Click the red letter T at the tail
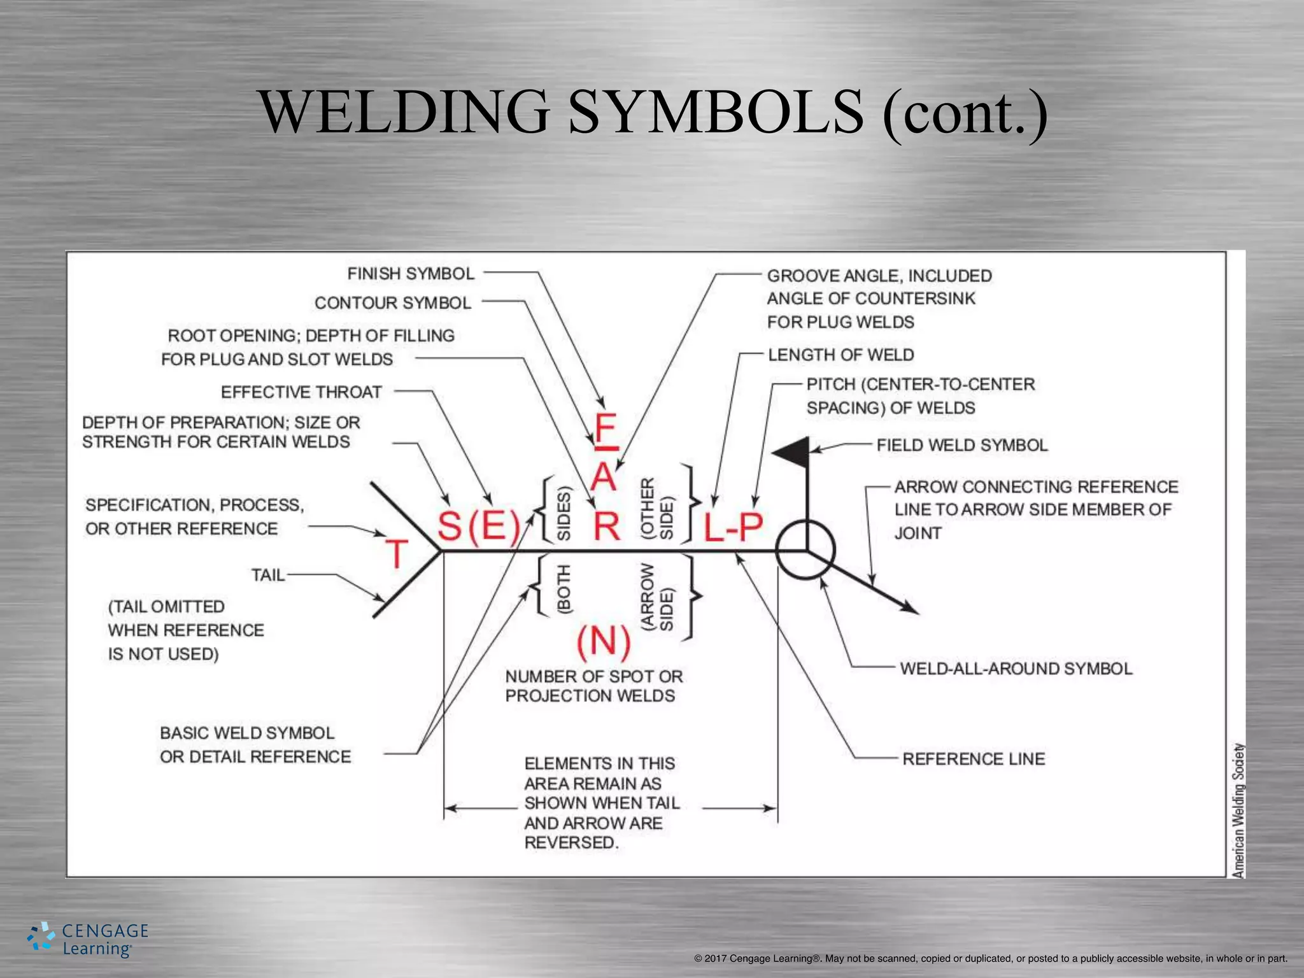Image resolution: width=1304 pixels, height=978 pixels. tap(396, 553)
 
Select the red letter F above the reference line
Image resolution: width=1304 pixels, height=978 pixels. tap(605, 428)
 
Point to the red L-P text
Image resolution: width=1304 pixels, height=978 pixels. tap(733, 527)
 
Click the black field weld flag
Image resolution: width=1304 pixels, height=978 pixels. tap(792, 453)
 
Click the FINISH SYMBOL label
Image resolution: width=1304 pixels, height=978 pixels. tap(411, 274)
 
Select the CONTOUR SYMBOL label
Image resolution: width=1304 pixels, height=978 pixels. tap(393, 303)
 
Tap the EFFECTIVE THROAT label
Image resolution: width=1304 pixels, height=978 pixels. tap(301, 392)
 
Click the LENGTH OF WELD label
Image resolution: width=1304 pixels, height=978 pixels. tap(840, 355)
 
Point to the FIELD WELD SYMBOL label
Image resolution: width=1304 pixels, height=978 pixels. tap(961, 445)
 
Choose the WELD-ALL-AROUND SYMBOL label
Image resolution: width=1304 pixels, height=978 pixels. tap(1016, 669)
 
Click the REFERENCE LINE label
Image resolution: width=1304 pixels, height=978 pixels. tap(974, 759)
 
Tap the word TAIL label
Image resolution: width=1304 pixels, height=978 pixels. tap(267, 576)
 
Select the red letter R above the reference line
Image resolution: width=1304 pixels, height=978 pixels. tap(606, 527)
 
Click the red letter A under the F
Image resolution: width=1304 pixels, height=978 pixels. tap(604, 477)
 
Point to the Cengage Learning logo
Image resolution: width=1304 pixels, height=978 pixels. tap(88, 939)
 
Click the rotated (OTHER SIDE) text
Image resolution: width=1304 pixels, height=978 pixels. tap(656, 509)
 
